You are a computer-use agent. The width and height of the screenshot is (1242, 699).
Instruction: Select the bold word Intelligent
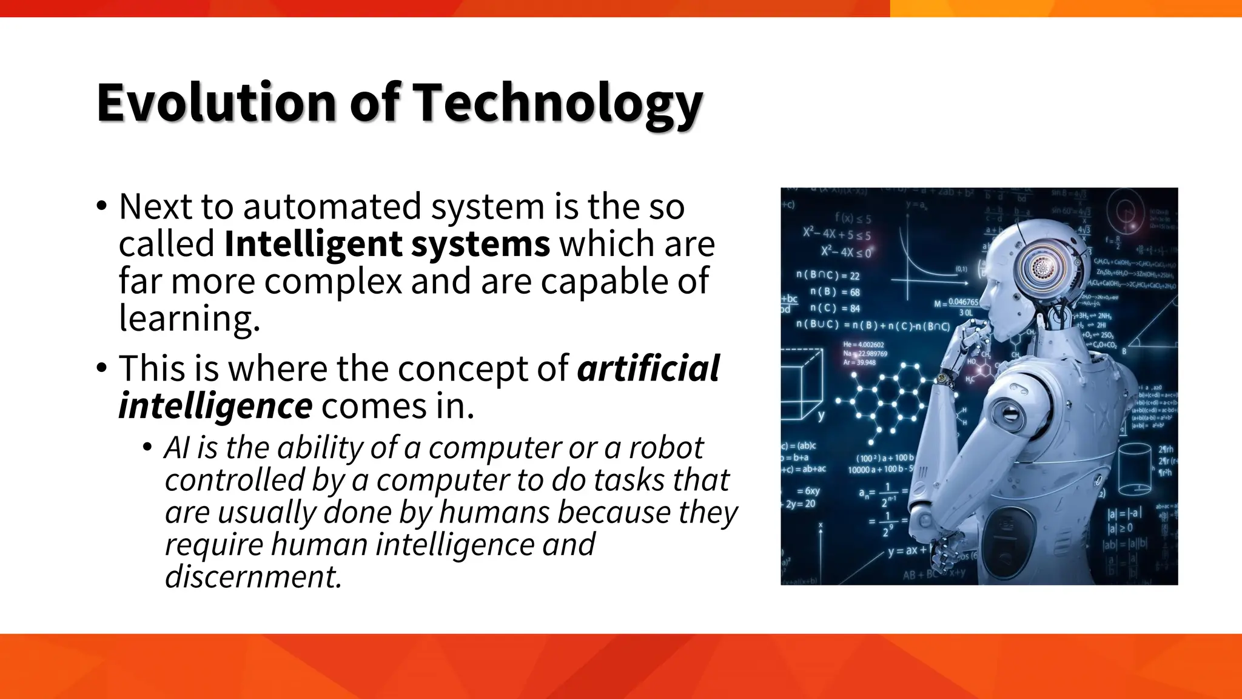coord(312,244)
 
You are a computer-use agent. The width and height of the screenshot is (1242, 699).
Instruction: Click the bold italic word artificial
coord(648,368)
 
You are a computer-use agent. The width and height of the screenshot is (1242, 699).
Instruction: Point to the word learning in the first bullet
coord(189,318)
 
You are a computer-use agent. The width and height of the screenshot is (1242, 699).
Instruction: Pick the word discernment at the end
coord(253,576)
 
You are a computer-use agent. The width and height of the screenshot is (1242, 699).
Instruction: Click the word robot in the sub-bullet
coord(666,448)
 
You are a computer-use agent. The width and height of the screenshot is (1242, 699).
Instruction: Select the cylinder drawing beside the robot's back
coord(1134,469)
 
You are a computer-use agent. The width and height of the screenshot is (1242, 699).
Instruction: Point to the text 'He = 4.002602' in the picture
coord(864,345)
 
